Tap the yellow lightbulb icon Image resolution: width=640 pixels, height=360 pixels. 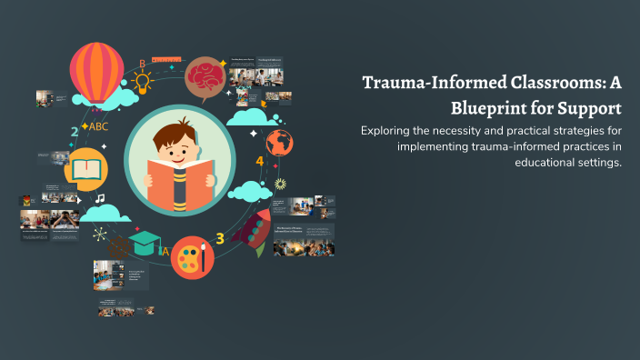[142, 83]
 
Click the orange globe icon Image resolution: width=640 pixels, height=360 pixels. [279, 143]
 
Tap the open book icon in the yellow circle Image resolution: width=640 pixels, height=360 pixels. [86, 170]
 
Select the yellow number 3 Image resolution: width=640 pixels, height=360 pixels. [219, 239]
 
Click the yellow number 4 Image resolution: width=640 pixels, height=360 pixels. [259, 162]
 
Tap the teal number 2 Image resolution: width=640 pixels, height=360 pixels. [75, 132]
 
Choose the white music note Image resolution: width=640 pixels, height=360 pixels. [99, 198]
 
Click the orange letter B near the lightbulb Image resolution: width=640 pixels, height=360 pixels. [142, 63]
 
